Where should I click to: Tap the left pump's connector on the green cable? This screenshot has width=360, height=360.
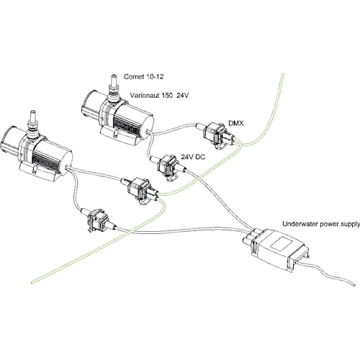pyautogui.click(x=138, y=190)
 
